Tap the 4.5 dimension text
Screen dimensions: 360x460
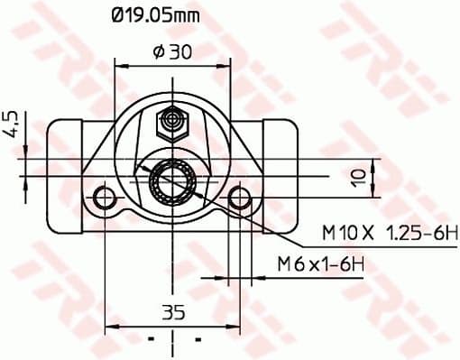(x=13, y=123)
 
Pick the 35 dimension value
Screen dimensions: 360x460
(x=172, y=313)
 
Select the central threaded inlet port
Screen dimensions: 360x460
(x=172, y=185)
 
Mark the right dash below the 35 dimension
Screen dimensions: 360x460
(x=196, y=343)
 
